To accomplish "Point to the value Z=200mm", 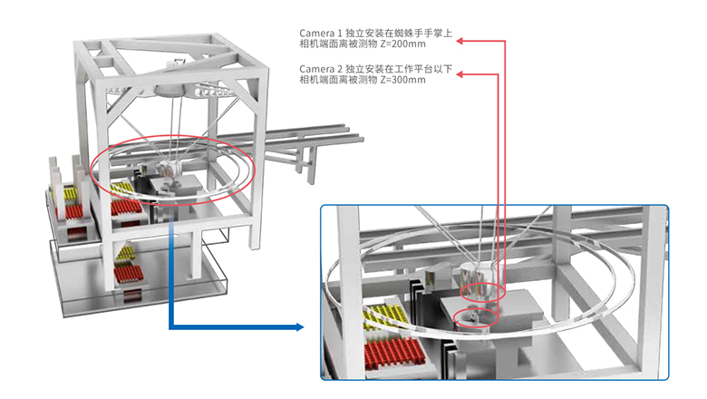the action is coord(403,44).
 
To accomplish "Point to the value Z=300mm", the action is coord(403,80).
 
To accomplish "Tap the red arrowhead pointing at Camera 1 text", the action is coord(460,41).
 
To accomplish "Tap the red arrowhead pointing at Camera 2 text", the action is coord(460,74).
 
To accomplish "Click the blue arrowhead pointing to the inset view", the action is coord(300,326).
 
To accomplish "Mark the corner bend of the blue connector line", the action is coord(171,326).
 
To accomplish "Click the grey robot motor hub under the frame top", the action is coord(169,90).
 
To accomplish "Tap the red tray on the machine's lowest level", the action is coord(129,274).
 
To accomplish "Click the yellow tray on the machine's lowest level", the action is coord(125,253).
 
